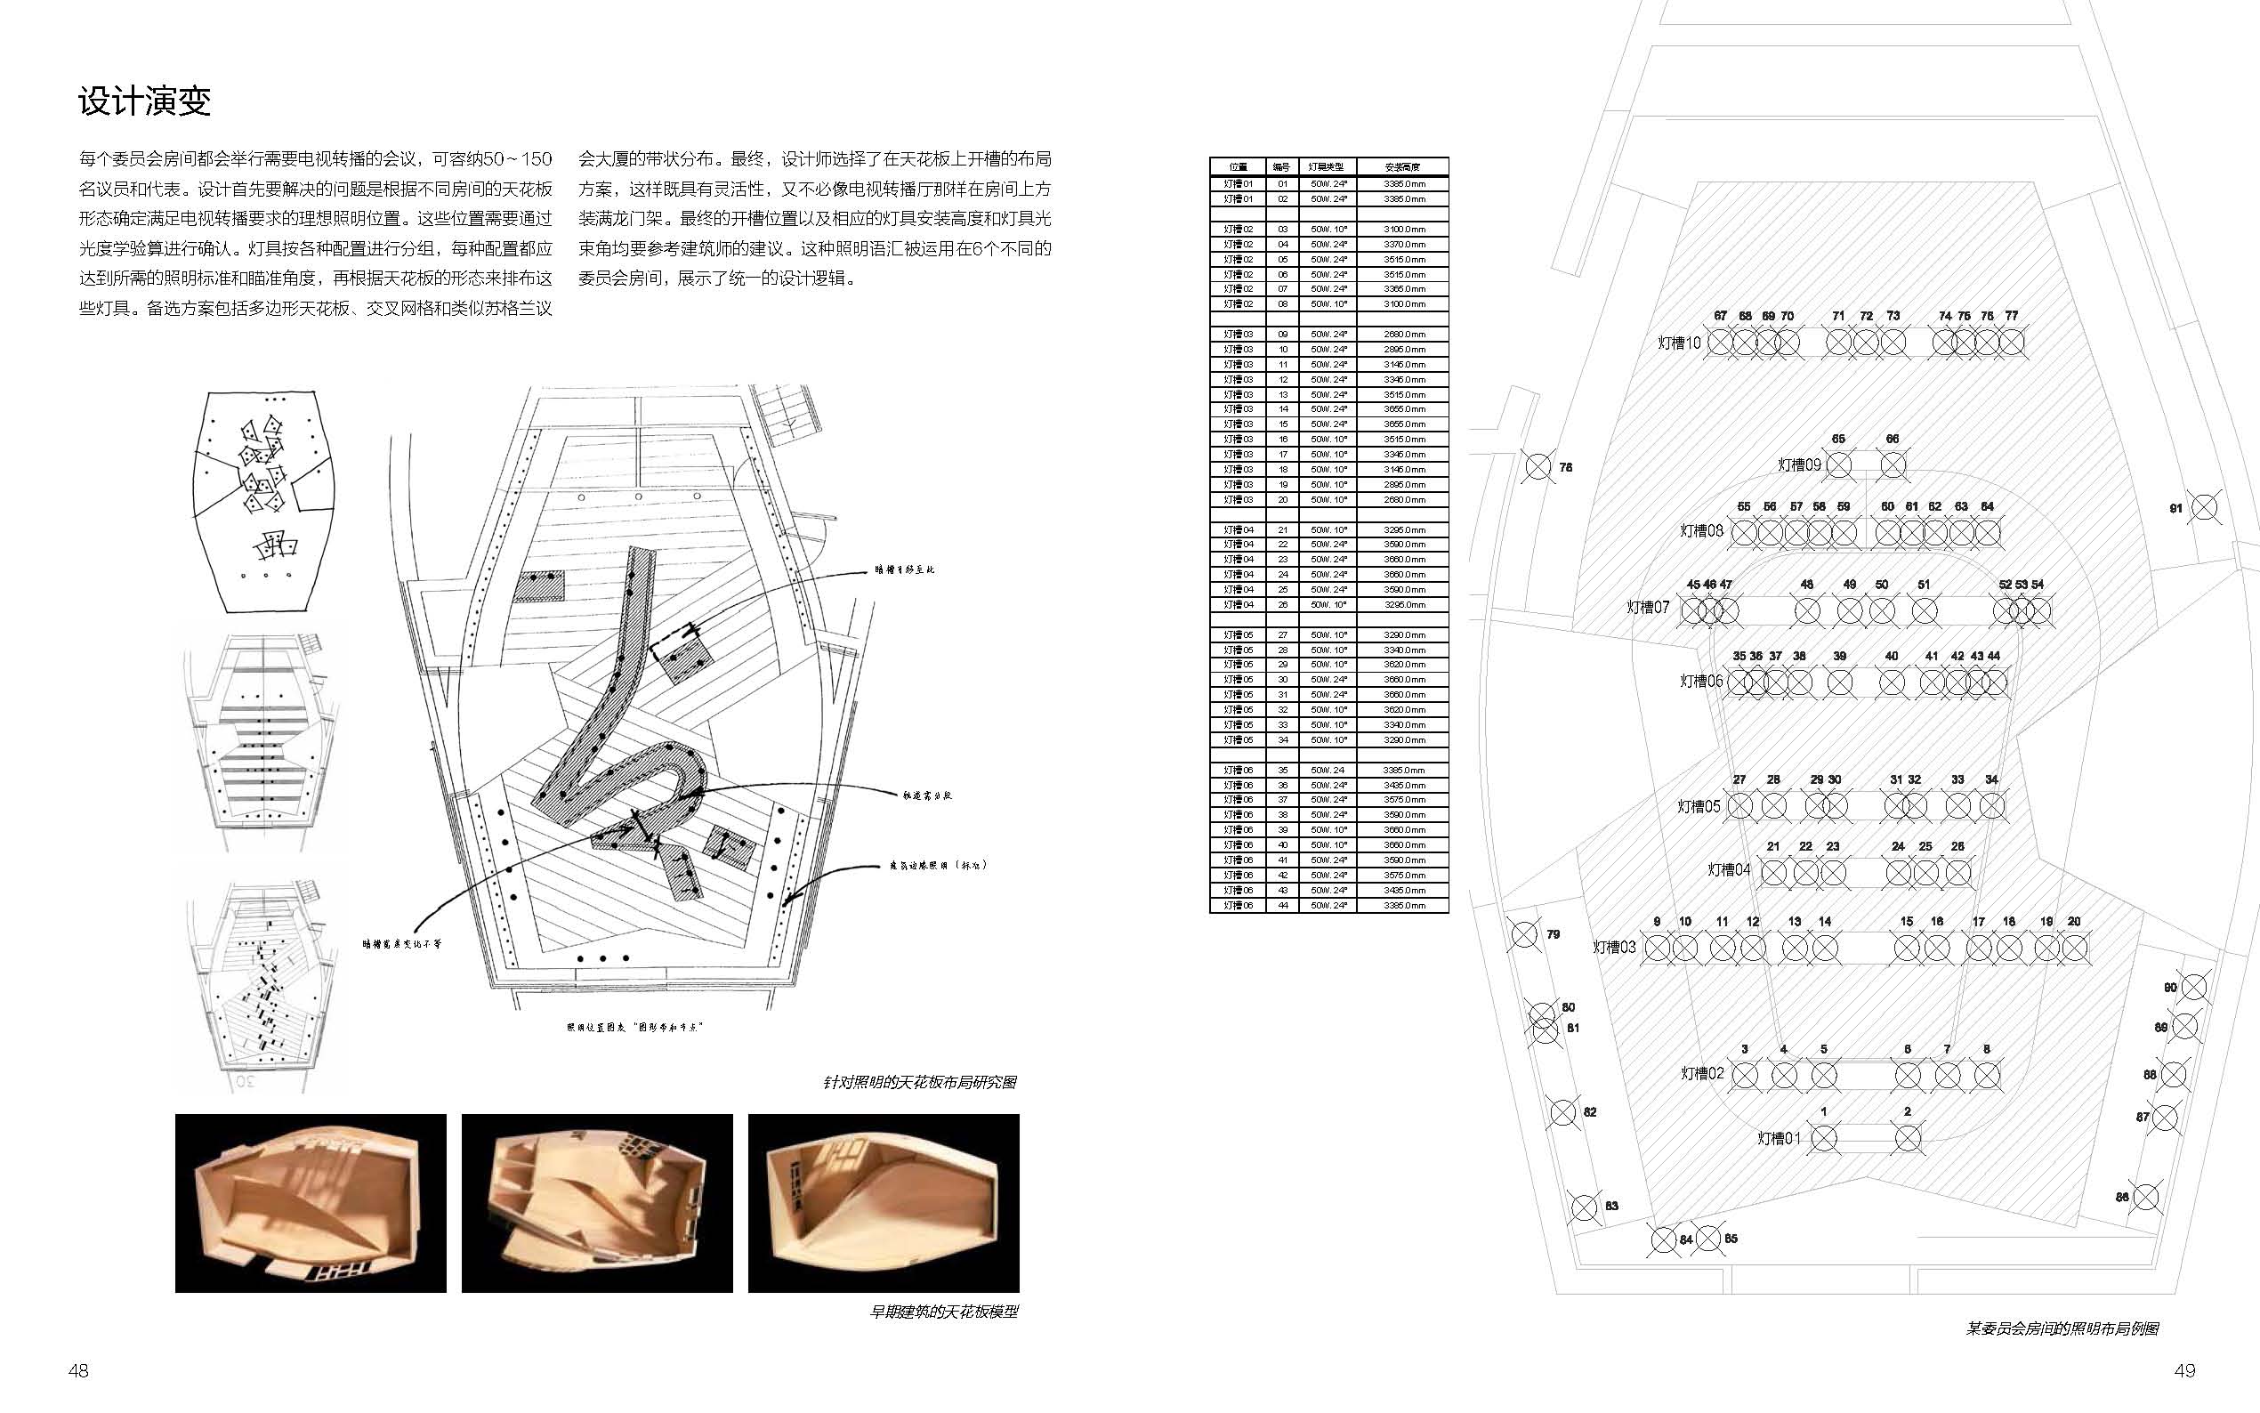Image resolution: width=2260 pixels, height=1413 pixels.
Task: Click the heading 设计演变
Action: click(145, 101)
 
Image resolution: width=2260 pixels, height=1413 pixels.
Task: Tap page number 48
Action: click(78, 1370)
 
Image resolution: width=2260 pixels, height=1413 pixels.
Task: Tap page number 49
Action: click(2183, 1370)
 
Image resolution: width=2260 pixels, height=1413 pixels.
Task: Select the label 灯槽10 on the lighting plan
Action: click(1679, 343)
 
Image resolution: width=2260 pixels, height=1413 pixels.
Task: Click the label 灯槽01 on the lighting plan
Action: click(1779, 1138)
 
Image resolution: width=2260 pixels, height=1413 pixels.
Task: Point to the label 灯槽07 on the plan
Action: click(1648, 608)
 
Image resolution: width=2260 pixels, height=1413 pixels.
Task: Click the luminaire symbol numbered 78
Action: click(1538, 466)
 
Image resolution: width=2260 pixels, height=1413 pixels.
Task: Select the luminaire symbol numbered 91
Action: click(2204, 508)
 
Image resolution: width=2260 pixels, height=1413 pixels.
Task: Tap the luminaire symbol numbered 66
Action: click(1893, 464)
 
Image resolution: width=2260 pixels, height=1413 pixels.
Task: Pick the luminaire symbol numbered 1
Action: click(1824, 1138)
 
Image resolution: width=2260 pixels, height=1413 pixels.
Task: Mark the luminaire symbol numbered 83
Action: click(1585, 1207)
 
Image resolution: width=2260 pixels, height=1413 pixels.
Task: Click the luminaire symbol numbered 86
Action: click(2147, 1197)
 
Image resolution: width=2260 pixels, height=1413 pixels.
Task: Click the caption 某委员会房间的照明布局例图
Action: click(2062, 1328)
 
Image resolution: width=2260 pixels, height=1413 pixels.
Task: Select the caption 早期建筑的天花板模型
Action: click(944, 1312)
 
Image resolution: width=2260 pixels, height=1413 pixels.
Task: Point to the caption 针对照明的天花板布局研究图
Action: click(919, 1082)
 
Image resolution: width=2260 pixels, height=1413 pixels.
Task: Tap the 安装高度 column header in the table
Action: click(1402, 167)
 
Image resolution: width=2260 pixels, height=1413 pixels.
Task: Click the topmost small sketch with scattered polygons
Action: click(262, 501)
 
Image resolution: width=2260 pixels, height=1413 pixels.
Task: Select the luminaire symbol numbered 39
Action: click(1839, 682)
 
